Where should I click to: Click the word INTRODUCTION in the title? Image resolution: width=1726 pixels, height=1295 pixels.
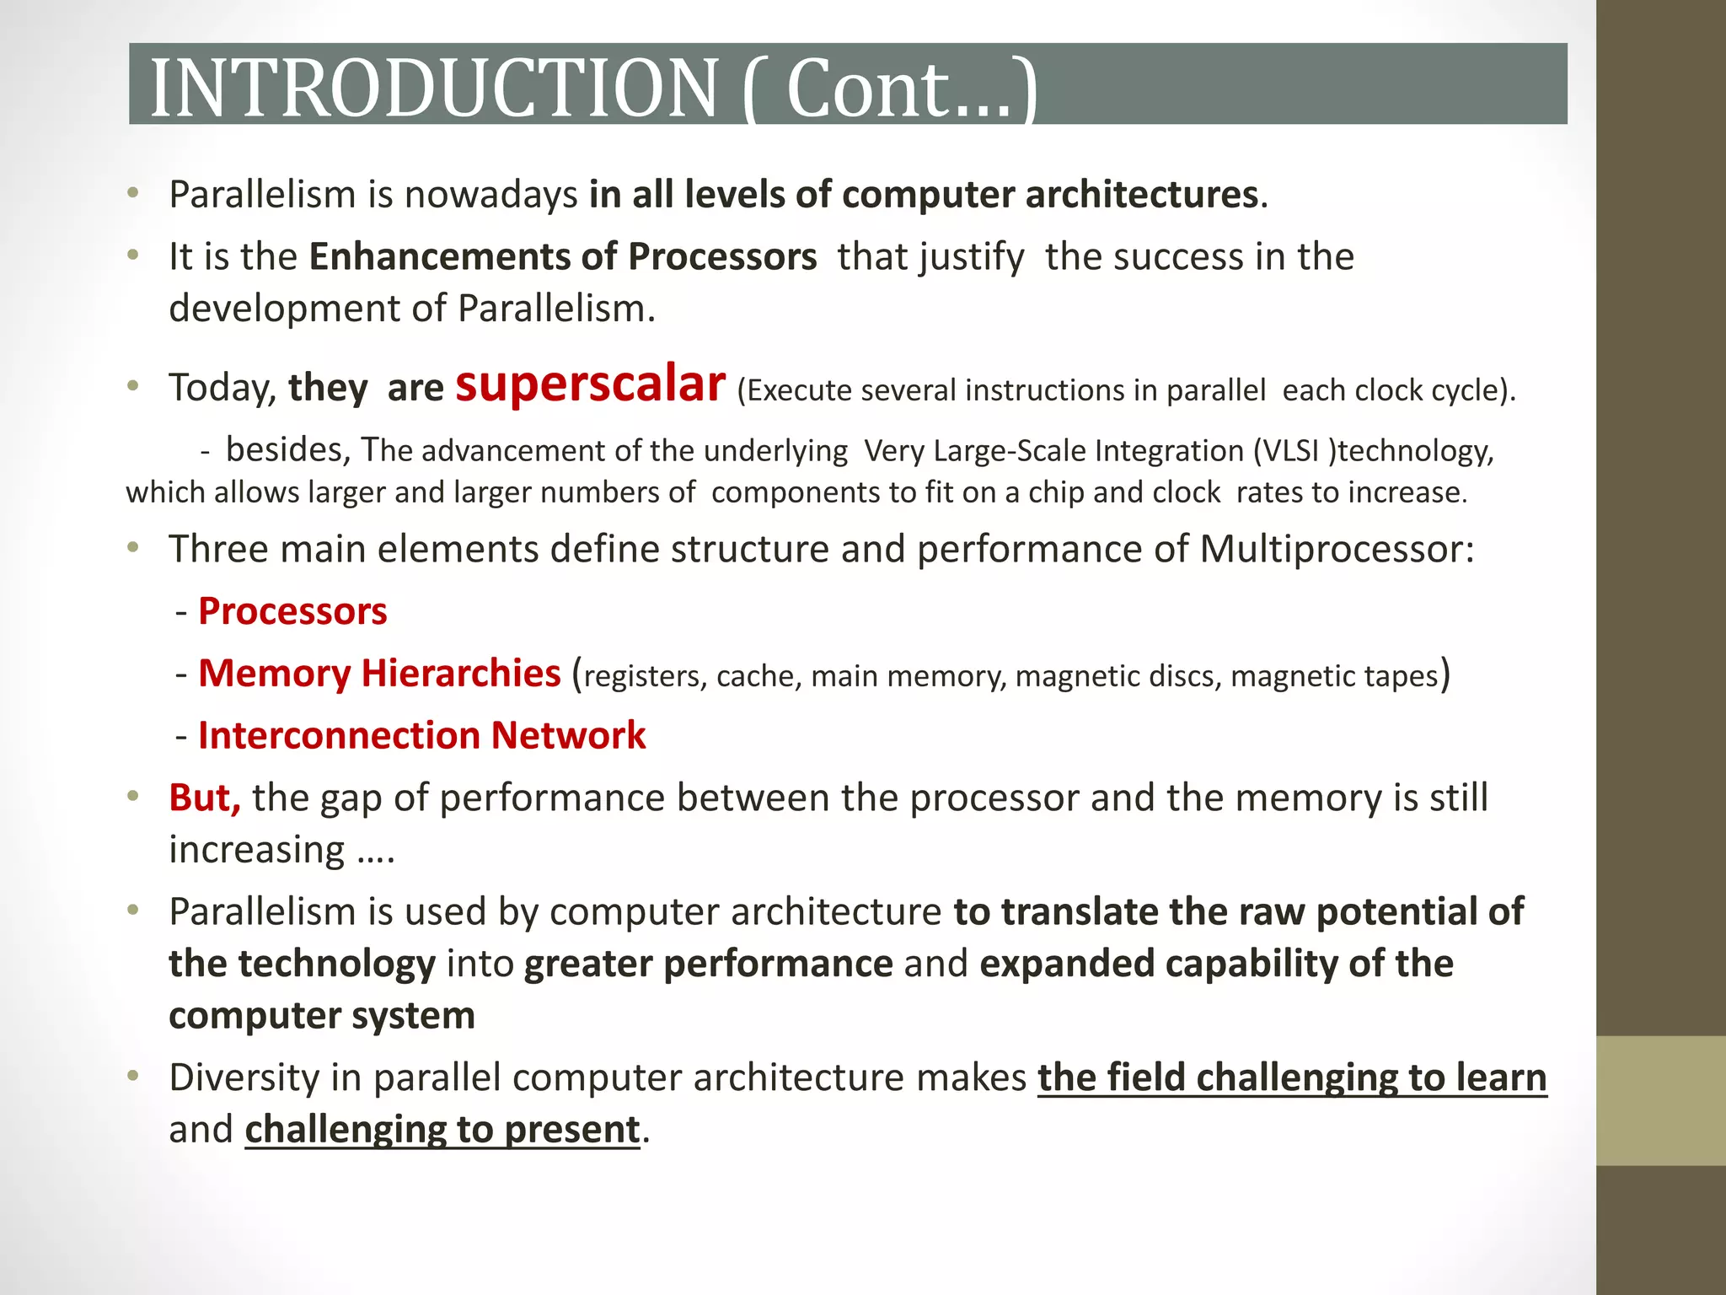point(433,88)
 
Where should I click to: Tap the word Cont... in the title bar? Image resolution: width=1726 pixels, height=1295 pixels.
point(898,88)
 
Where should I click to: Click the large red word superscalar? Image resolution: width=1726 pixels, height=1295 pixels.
point(590,384)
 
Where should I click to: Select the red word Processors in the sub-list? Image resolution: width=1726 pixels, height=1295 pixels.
point(292,611)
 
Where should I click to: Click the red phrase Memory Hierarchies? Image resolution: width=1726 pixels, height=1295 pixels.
point(379,674)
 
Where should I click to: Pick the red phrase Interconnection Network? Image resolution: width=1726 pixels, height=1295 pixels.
point(421,735)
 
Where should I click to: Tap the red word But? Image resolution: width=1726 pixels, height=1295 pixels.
point(205,798)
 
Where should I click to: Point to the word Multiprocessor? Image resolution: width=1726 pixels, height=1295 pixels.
point(1337,549)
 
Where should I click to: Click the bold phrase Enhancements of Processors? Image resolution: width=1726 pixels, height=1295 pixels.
point(562,256)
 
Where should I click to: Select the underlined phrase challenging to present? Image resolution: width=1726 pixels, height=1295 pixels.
point(442,1130)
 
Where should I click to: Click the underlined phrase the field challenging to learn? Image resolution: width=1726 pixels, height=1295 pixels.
point(1291,1077)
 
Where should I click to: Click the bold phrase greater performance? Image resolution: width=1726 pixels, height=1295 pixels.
point(708,964)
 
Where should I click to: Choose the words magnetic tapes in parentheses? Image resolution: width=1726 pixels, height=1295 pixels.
point(1334,676)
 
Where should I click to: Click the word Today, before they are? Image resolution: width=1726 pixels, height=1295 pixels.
point(222,388)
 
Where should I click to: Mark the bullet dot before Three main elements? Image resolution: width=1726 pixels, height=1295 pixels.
point(132,548)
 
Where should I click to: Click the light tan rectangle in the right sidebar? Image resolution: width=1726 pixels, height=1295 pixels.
point(1660,1100)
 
